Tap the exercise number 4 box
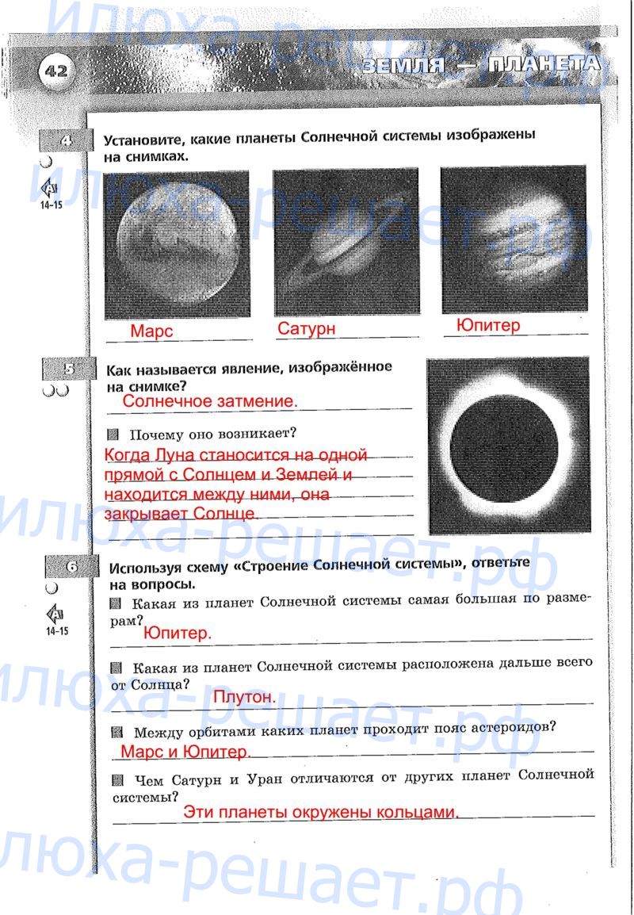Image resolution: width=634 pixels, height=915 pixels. (x=66, y=142)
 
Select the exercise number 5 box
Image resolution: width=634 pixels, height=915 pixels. (x=68, y=369)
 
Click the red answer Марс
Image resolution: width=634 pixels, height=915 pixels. (x=151, y=331)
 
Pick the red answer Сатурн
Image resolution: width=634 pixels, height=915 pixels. (x=306, y=328)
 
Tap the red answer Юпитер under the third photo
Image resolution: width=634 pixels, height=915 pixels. (x=488, y=325)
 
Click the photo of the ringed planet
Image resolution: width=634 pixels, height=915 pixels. (x=346, y=241)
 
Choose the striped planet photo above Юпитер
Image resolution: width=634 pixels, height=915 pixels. (x=514, y=239)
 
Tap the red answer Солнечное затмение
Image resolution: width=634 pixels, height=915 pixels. (x=210, y=402)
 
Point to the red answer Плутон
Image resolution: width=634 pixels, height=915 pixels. (x=244, y=697)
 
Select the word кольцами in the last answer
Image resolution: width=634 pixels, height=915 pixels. (x=418, y=813)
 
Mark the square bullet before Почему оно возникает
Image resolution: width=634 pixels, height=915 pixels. (x=113, y=435)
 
